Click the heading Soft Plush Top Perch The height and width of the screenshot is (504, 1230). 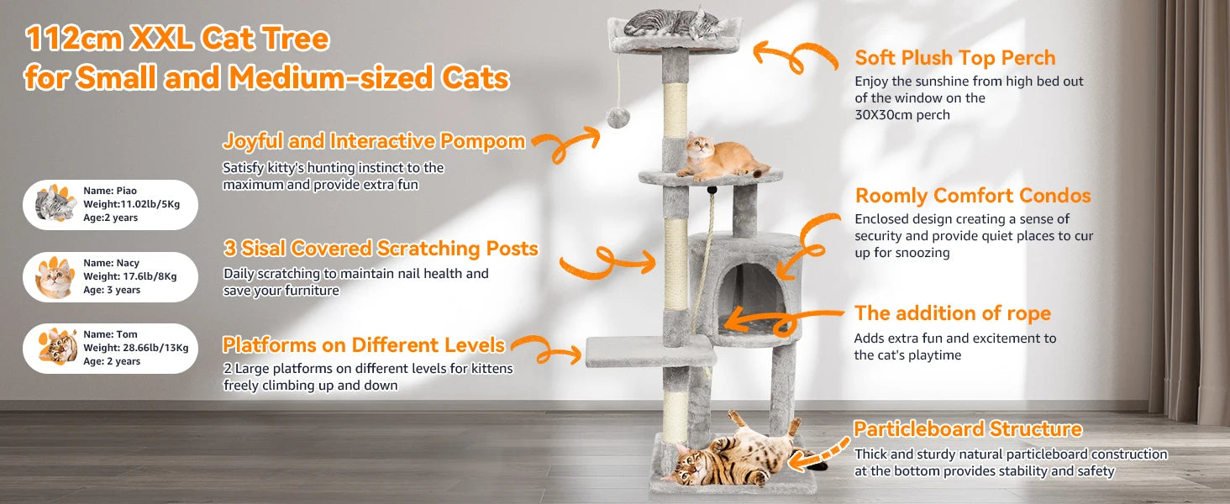pyautogui.click(x=954, y=58)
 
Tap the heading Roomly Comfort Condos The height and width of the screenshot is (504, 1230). pyautogui.click(x=972, y=196)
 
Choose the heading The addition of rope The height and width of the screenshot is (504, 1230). pyautogui.click(x=952, y=313)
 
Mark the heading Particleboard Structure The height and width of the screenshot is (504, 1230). pyautogui.click(x=967, y=429)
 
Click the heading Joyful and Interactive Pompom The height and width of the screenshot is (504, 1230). pyautogui.click(x=373, y=140)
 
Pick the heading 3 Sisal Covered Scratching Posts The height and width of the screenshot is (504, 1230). pyautogui.click(x=380, y=249)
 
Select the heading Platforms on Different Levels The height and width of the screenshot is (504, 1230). pyautogui.click(x=363, y=344)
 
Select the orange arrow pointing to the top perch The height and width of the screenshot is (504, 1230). pyautogui.click(x=794, y=56)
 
